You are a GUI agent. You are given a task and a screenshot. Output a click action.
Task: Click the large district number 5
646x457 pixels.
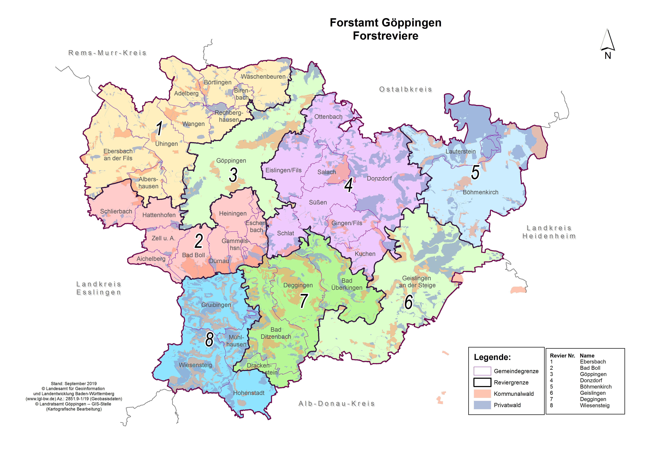[x=475, y=172]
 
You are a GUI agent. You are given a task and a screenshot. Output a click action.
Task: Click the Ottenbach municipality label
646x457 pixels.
[x=328, y=117]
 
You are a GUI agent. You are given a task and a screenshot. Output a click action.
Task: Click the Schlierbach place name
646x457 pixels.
[x=116, y=211]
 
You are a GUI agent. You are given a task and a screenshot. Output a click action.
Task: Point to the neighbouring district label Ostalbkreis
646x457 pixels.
[x=405, y=89]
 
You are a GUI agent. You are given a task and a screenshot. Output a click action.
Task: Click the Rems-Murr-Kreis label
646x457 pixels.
[x=107, y=53]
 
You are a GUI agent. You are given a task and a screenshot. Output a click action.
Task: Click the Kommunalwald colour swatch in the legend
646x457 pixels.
[x=482, y=394]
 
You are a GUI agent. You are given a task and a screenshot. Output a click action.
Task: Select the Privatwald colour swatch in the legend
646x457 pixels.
[x=482, y=405]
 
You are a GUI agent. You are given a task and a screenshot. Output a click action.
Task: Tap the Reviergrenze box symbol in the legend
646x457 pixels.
[x=482, y=382]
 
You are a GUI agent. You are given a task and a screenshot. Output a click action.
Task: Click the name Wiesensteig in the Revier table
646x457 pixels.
[x=595, y=406]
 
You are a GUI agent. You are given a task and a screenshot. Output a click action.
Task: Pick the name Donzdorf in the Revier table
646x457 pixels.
[x=591, y=380]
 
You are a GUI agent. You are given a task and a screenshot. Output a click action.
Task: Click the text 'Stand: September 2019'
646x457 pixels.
[x=74, y=384]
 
